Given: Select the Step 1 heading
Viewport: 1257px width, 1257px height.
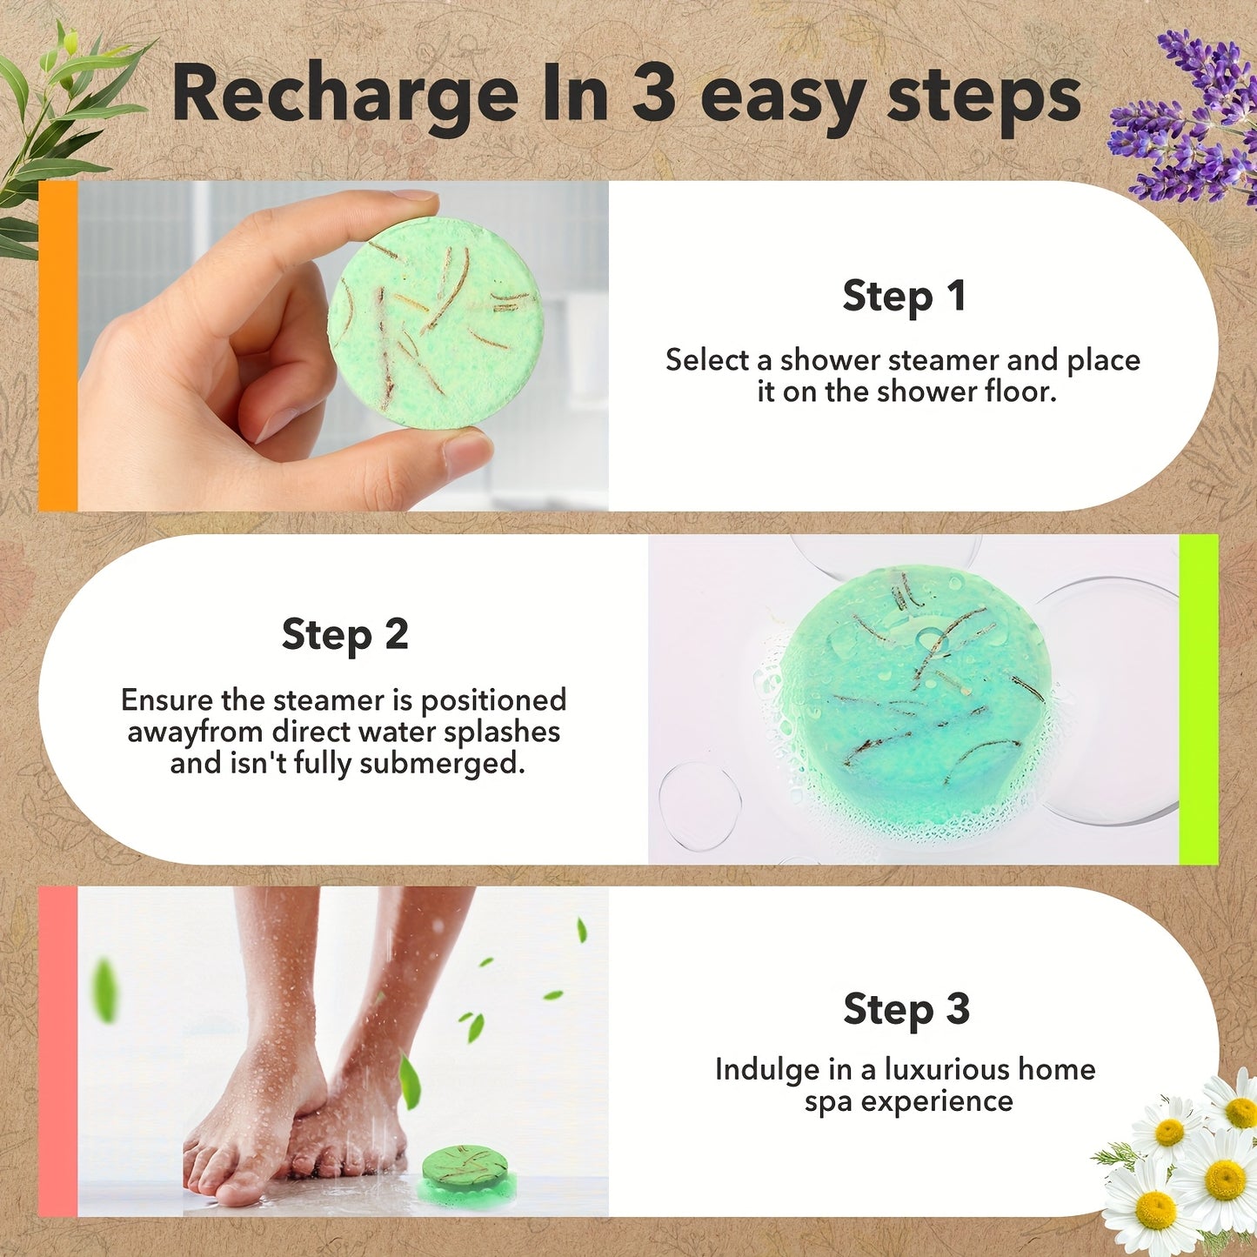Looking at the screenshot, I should click(904, 297).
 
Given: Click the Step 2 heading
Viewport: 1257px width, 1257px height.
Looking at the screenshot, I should click(344, 635).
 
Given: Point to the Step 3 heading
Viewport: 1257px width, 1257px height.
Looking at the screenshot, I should click(906, 1010).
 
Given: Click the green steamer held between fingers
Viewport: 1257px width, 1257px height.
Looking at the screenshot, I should click(436, 323).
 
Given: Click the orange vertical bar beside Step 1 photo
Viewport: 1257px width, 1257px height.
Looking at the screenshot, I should click(57, 345).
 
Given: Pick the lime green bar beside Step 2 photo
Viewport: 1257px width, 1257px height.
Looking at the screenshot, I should click(1198, 699).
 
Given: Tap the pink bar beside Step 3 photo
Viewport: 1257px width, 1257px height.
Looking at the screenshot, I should click(57, 1051).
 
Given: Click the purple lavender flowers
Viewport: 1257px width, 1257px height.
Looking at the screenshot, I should click(1192, 122).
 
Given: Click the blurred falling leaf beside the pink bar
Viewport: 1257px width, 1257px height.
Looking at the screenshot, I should click(105, 990).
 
